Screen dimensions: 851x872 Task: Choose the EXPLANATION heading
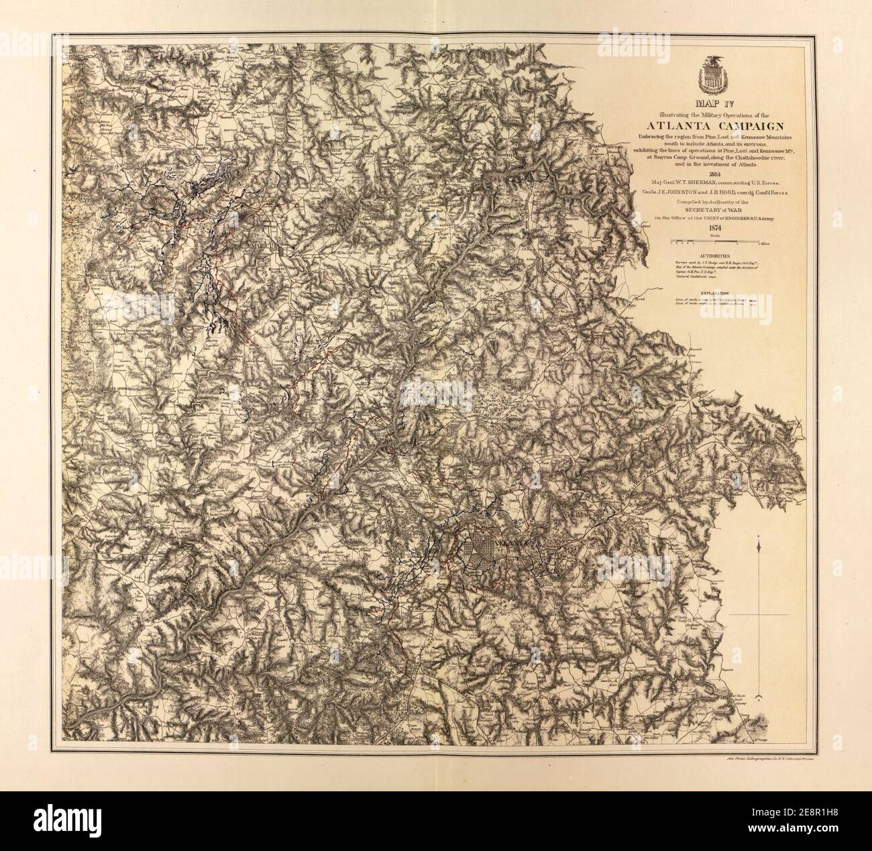click(714, 292)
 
